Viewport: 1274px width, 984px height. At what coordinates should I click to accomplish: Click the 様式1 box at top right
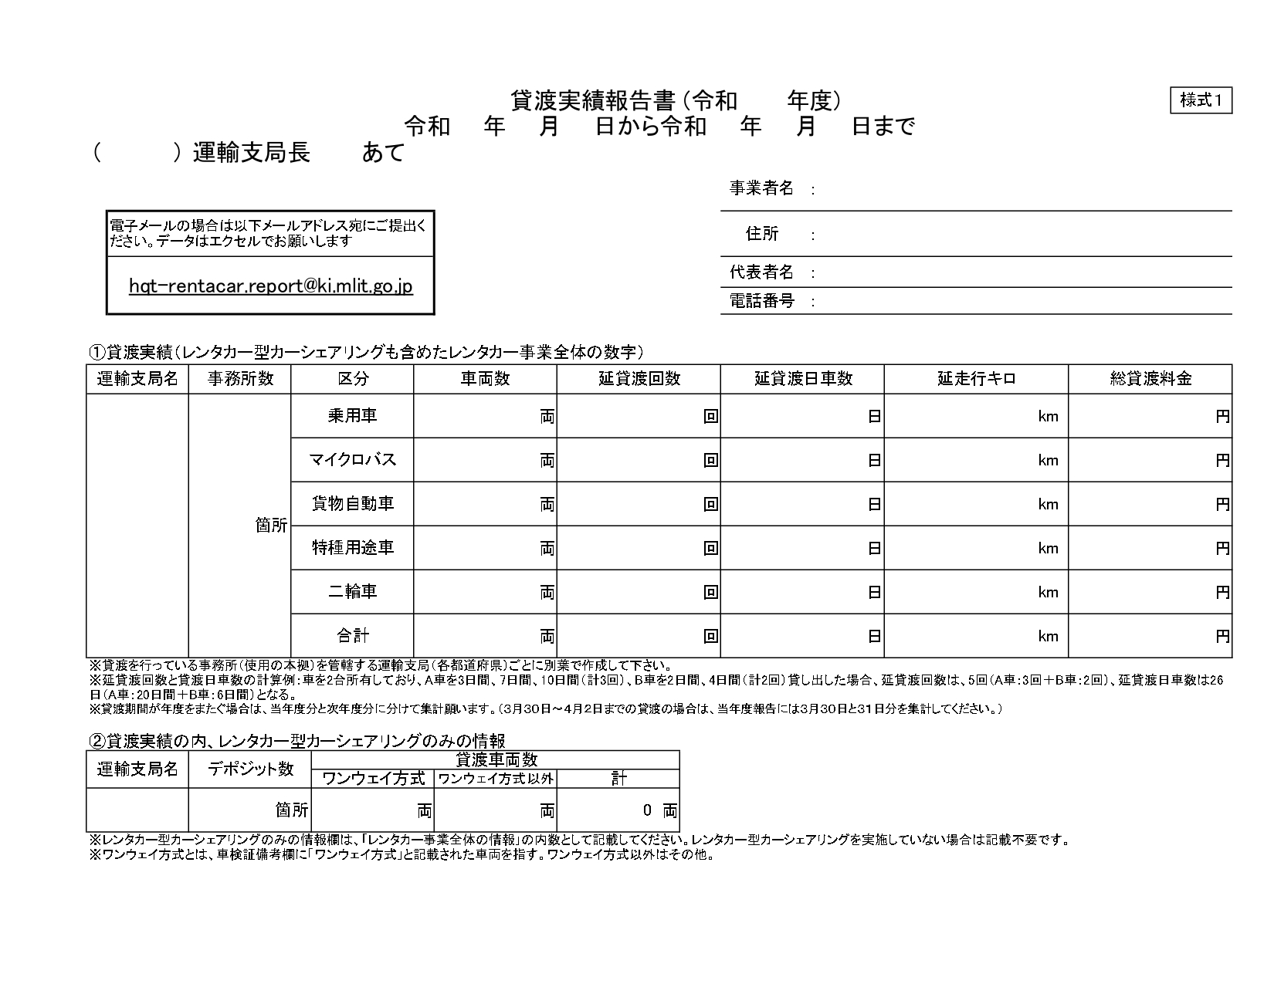point(1201,100)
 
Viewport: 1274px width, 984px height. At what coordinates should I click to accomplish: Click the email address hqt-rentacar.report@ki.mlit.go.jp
point(271,286)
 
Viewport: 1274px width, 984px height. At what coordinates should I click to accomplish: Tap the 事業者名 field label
point(761,189)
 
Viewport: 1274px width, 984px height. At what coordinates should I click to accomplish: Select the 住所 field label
point(762,234)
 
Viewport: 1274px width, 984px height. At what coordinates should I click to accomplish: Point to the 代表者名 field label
point(761,272)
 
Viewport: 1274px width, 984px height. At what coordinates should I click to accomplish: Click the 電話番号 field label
point(761,301)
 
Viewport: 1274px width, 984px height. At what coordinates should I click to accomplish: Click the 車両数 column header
point(485,379)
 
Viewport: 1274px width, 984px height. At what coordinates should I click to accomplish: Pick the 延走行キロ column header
point(976,379)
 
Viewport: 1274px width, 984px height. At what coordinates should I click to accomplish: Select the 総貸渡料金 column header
point(1150,379)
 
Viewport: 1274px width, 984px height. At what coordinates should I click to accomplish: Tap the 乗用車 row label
point(353,416)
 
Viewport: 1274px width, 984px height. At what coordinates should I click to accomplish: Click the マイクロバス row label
point(353,460)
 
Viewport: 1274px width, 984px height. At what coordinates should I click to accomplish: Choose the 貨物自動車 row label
point(353,504)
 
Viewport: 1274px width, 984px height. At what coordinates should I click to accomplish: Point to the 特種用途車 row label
point(353,548)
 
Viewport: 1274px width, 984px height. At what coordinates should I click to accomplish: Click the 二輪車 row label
point(353,592)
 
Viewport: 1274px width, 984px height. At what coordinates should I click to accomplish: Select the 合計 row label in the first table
point(353,636)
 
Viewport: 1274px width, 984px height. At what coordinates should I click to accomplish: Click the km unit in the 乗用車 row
point(1048,417)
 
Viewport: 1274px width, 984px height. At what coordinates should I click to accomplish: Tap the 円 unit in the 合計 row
point(1222,637)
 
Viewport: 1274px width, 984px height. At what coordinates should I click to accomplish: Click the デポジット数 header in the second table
point(250,769)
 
